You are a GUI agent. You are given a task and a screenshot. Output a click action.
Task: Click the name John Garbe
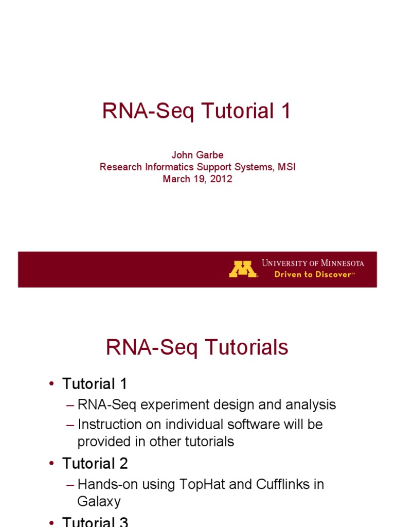(197, 155)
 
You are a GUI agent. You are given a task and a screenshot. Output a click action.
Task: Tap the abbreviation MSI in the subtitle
(286, 167)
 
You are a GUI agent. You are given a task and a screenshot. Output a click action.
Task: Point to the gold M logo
(243, 269)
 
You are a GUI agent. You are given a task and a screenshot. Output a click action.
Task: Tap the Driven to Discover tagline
(313, 275)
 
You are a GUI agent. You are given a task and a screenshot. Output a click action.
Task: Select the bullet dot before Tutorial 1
(51, 384)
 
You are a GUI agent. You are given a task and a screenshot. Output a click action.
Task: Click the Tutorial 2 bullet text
(95, 464)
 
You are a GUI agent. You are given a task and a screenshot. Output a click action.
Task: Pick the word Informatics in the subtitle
(165, 167)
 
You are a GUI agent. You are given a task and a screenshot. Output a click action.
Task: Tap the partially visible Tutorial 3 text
(95, 522)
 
